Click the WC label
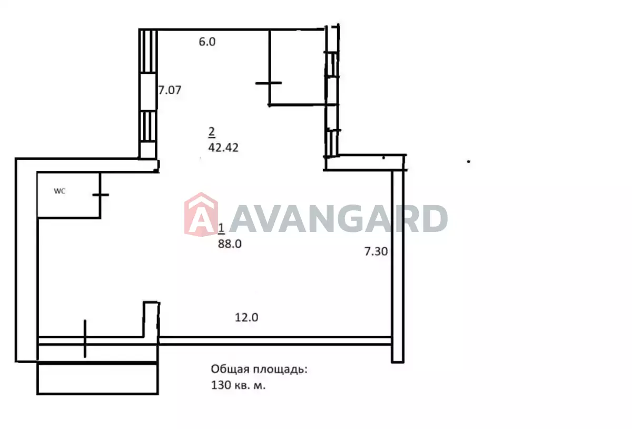click(x=60, y=191)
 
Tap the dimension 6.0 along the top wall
click(x=207, y=42)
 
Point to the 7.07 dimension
click(x=170, y=90)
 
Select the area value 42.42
click(x=223, y=148)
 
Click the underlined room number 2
click(x=212, y=132)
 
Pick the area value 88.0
click(x=230, y=243)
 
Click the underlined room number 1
click(x=222, y=229)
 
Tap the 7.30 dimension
click(x=376, y=251)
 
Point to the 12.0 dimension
click(x=246, y=318)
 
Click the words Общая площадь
click(x=259, y=369)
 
